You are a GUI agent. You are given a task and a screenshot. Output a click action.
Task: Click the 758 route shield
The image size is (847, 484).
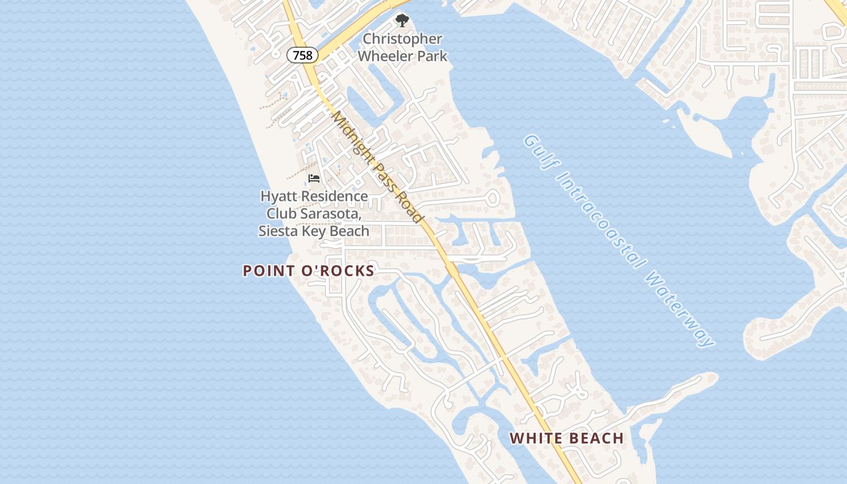[302, 56]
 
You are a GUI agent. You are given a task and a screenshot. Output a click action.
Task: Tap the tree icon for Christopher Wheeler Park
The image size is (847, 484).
[402, 21]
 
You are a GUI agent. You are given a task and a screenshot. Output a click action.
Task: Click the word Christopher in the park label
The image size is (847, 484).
[402, 39]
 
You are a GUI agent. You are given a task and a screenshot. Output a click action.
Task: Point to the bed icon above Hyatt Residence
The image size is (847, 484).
[313, 178]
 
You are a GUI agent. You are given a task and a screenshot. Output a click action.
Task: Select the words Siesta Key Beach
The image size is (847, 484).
[314, 231]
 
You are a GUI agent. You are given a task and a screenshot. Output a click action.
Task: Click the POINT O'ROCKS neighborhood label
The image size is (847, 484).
[309, 270]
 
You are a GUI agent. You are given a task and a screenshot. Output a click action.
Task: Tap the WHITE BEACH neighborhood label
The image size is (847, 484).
[566, 438]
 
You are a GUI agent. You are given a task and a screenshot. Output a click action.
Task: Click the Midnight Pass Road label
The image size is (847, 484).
[376, 167]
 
